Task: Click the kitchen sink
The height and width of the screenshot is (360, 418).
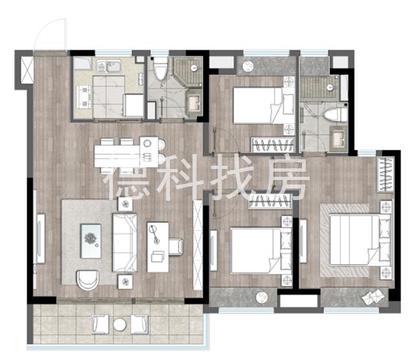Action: point(109,66)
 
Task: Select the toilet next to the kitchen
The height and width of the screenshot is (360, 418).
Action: point(161,69)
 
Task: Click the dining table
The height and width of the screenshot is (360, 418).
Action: point(126,153)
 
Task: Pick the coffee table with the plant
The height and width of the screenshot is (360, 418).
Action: point(91,241)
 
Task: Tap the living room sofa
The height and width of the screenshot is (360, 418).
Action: point(125,242)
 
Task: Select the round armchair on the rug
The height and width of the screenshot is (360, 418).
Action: point(87,280)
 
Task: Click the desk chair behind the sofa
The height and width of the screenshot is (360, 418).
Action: point(176,247)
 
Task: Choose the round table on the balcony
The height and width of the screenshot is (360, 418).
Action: point(120,324)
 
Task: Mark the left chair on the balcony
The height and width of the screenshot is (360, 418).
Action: point(100,324)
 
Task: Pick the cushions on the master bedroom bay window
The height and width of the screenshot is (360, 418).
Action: point(373,297)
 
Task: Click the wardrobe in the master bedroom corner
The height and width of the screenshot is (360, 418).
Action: point(386,174)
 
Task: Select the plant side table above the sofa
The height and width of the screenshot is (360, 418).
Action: point(125,204)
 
